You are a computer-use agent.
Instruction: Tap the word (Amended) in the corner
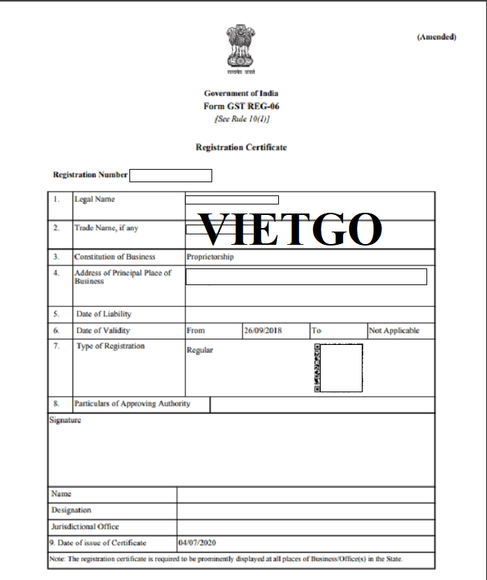tap(436, 37)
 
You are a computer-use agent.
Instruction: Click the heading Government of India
tap(241, 93)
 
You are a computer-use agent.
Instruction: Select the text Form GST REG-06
tap(241, 106)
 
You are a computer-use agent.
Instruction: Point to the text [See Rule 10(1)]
tap(241, 119)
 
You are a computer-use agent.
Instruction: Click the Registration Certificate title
tap(241, 147)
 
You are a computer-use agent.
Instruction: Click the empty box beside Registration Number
tap(170, 175)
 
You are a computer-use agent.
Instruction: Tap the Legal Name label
tap(95, 200)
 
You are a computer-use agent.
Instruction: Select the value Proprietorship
tap(210, 257)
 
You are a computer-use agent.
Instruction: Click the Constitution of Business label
tap(115, 257)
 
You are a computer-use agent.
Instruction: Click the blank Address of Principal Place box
tap(306, 276)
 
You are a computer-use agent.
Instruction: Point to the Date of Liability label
tap(104, 314)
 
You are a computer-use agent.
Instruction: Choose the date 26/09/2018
tap(263, 331)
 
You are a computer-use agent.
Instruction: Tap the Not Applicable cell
tap(394, 331)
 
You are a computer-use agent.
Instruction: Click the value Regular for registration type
tap(200, 351)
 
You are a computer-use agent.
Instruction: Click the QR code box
tap(339, 368)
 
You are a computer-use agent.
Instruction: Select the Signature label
tap(65, 420)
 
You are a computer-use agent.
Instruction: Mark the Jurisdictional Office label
tap(85, 527)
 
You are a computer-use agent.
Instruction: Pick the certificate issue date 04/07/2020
tap(198, 542)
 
